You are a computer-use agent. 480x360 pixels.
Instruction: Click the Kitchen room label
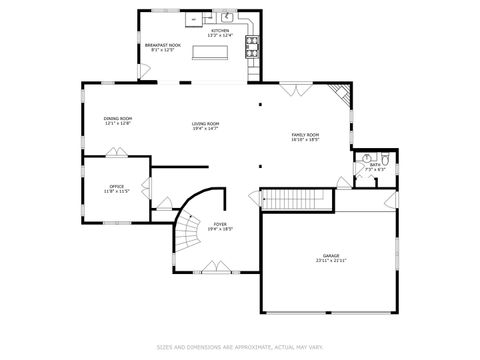coord(220,32)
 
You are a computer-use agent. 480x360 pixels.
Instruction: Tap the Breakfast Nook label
coord(162,47)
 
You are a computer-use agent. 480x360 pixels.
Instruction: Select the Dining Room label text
coord(117,120)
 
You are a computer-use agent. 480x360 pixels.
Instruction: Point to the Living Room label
coord(205,126)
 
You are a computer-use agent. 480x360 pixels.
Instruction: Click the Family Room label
coord(305,137)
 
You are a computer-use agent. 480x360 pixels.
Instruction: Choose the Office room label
coord(117,188)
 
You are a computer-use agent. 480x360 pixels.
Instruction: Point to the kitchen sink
coord(227,17)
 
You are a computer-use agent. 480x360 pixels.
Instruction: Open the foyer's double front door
coord(215,267)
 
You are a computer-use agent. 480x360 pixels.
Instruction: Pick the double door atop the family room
coord(297,90)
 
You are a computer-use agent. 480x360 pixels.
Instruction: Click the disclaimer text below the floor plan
coord(240,347)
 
